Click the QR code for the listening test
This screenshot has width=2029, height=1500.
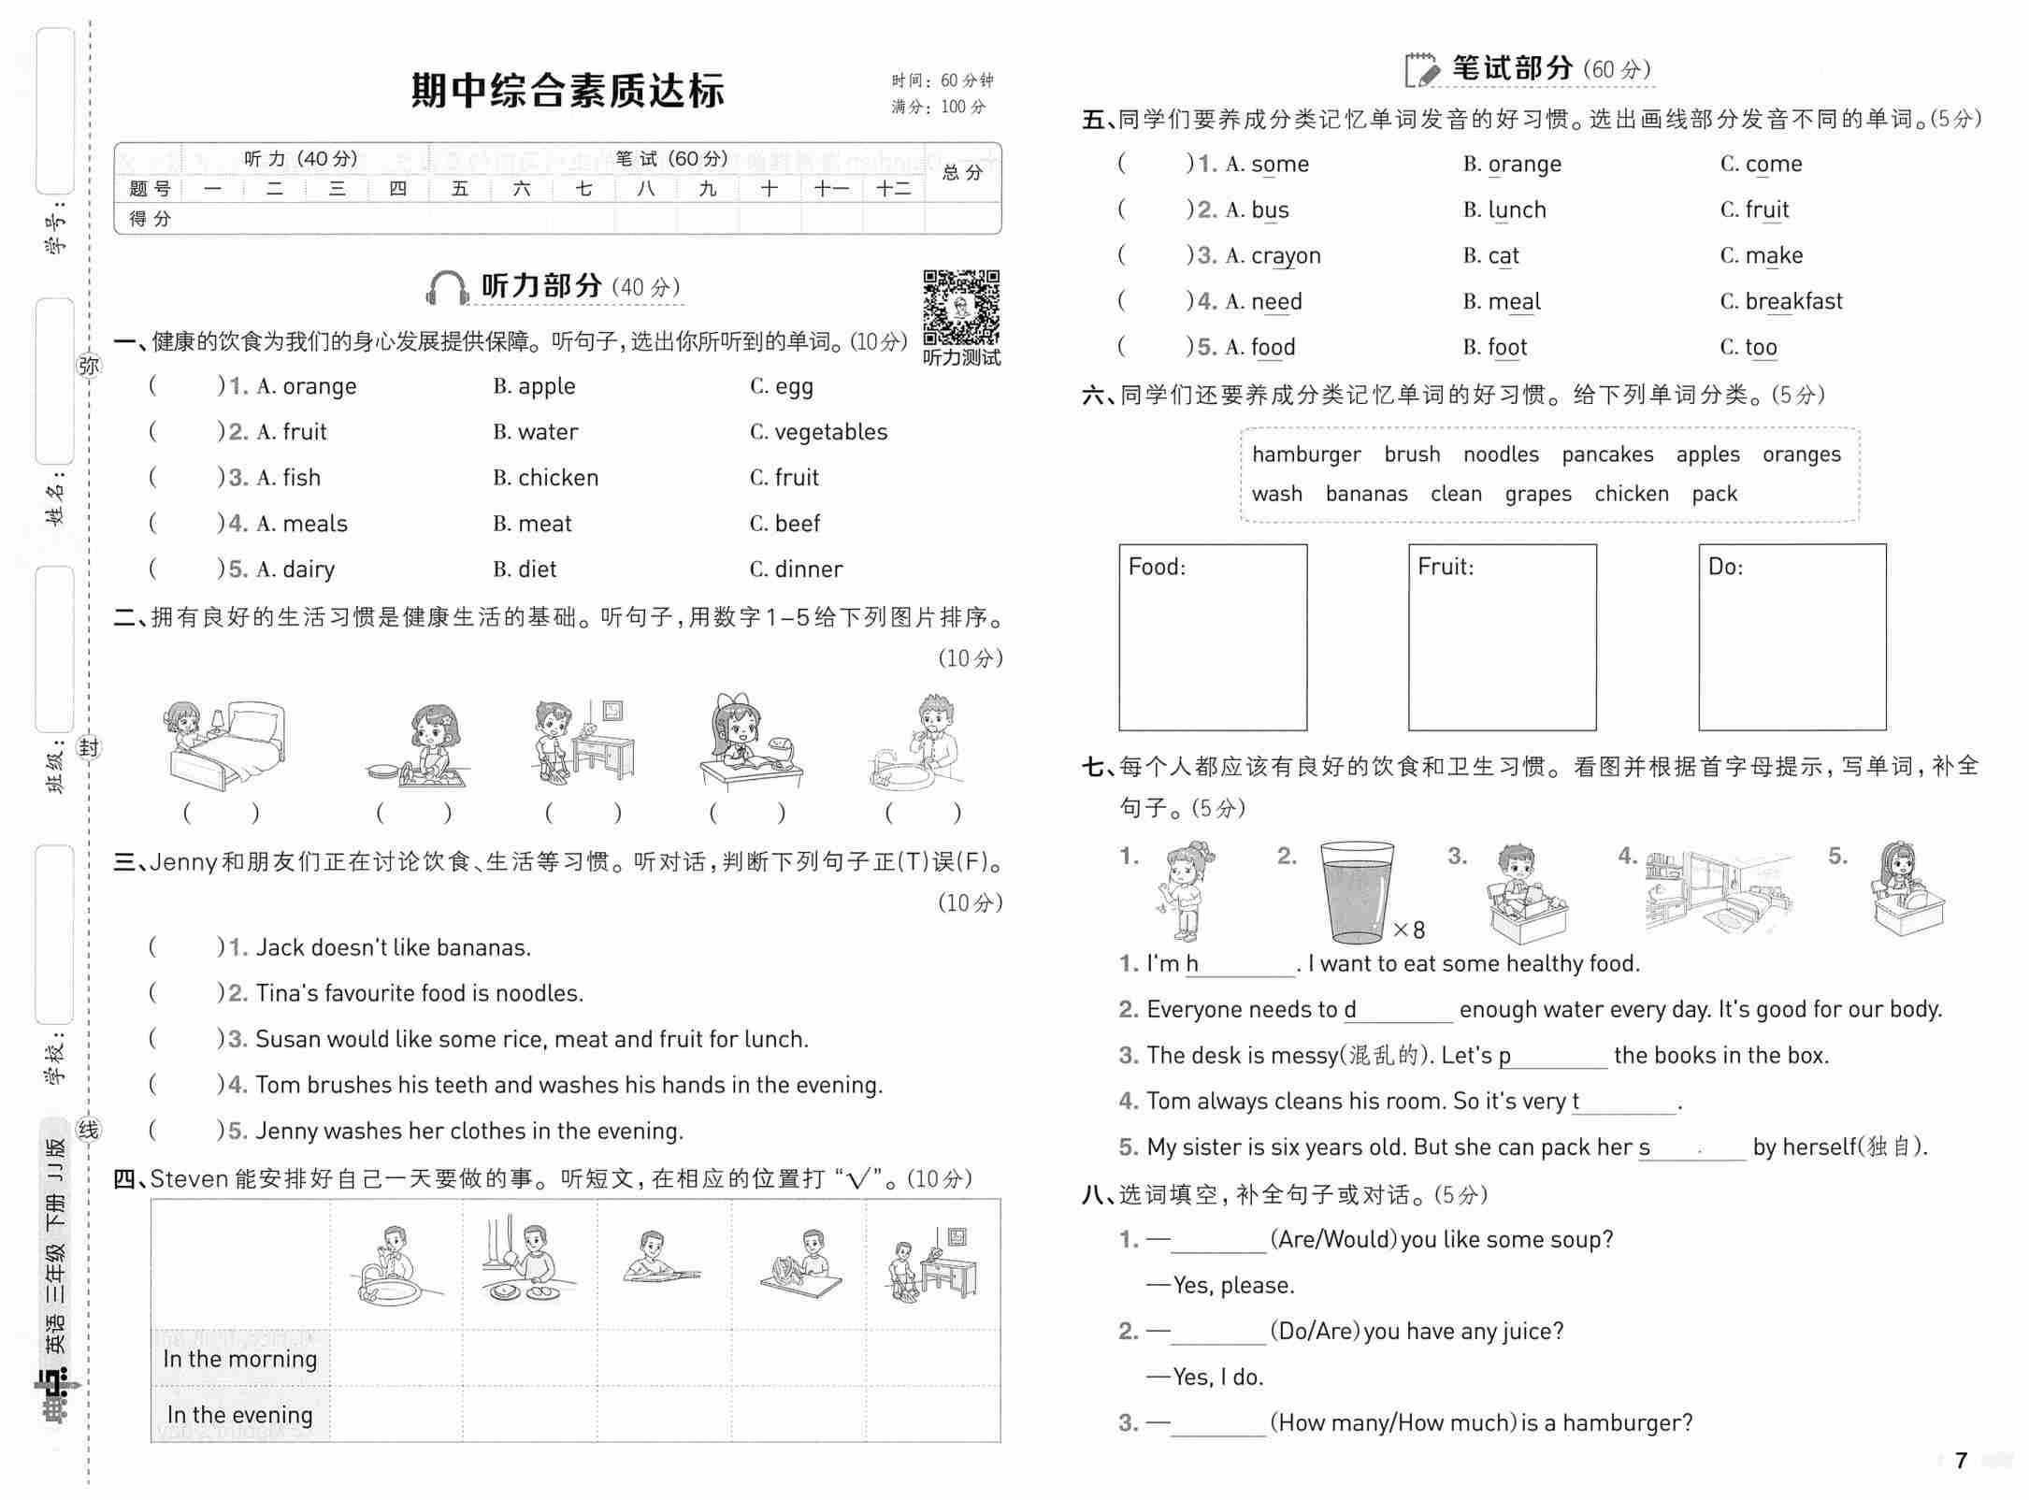click(961, 308)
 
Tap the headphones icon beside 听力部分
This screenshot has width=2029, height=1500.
click(447, 288)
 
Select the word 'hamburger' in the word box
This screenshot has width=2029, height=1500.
click(1305, 454)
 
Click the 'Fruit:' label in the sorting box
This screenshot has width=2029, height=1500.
click(1445, 567)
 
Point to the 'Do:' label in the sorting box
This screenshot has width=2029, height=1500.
click(1725, 567)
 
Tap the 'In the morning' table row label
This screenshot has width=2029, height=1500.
click(240, 1359)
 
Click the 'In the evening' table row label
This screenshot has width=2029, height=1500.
click(240, 1415)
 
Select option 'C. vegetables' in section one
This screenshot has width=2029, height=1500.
click(818, 432)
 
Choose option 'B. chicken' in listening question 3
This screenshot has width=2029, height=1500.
click(545, 478)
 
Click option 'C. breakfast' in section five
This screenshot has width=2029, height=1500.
click(1780, 301)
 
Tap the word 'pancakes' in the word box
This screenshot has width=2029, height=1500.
click(1606, 454)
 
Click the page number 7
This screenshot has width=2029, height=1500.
click(1962, 1460)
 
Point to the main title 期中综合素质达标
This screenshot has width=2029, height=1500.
click(568, 91)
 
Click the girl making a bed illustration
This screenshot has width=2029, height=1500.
click(224, 745)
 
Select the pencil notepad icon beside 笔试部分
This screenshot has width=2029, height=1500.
click(1421, 69)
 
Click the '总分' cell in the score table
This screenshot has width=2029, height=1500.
click(962, 173)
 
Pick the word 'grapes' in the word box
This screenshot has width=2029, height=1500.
click(1537, 494)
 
